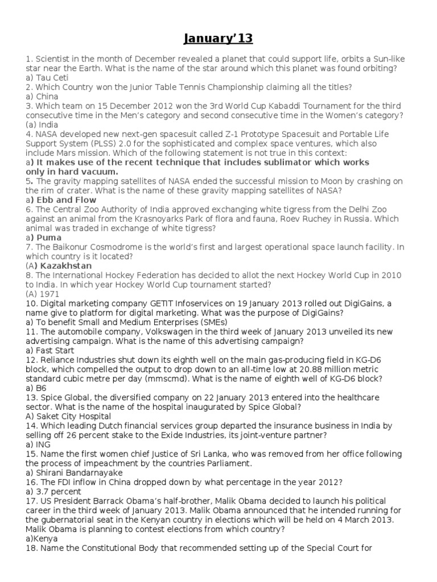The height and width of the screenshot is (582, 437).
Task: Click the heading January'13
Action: click(218, 39)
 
